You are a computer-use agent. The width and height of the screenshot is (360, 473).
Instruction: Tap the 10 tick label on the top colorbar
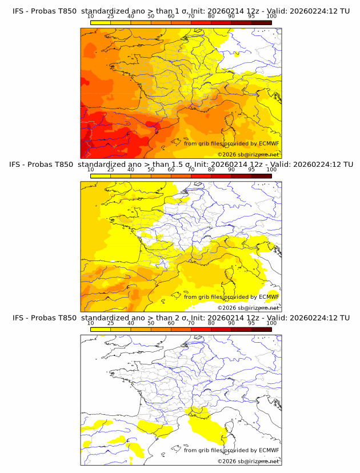[x=90, y=17]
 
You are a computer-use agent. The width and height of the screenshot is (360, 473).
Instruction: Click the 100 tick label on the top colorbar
[x=271, y=17]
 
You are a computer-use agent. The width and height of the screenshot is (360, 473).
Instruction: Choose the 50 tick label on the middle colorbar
[x=151, y=170]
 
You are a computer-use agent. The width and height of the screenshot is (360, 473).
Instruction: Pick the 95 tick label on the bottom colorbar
[x=251, y=323]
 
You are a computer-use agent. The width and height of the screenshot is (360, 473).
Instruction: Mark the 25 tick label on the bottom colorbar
[x=110, y=323]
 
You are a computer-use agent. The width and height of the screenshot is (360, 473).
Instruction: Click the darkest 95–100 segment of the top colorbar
[x=262, y=22]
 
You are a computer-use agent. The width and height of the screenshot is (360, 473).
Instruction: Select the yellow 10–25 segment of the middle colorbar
[x=100, y=175]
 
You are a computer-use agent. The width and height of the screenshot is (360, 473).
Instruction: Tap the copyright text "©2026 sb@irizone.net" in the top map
[x=248, y=154]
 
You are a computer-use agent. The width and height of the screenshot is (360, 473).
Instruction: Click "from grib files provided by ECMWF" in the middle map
[x=231, y=296]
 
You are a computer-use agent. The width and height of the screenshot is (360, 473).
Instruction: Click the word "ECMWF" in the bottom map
[x=269, y=450]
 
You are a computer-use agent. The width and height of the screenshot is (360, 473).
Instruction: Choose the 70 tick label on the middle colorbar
[x=191, y=170]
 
